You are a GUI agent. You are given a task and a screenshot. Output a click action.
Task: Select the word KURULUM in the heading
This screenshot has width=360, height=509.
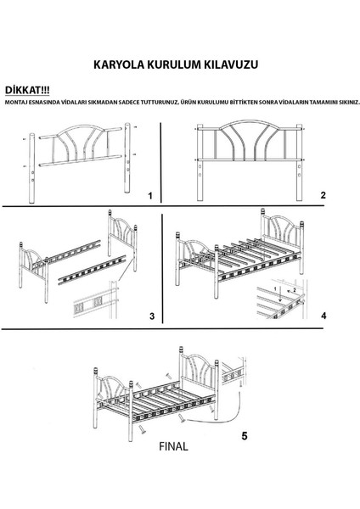point(176,64)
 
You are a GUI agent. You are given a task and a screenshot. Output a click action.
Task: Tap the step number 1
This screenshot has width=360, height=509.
point(149,196)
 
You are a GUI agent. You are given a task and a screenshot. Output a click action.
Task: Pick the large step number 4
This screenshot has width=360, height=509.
point(323,316)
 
